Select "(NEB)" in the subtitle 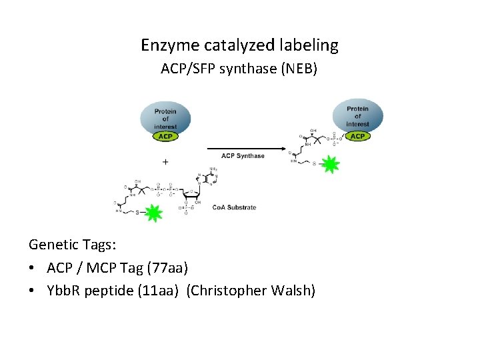pos(299,69)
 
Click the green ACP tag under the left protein pos(165,136)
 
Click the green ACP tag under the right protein pos(357,136)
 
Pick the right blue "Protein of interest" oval pos(357,115)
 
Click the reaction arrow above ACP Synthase pos(243,148)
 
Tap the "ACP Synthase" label pos(243,156)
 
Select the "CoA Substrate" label pos(234,207)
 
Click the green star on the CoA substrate pos(153,213)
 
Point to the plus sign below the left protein pos(165,161)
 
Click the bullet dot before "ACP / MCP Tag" pos(33,269)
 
